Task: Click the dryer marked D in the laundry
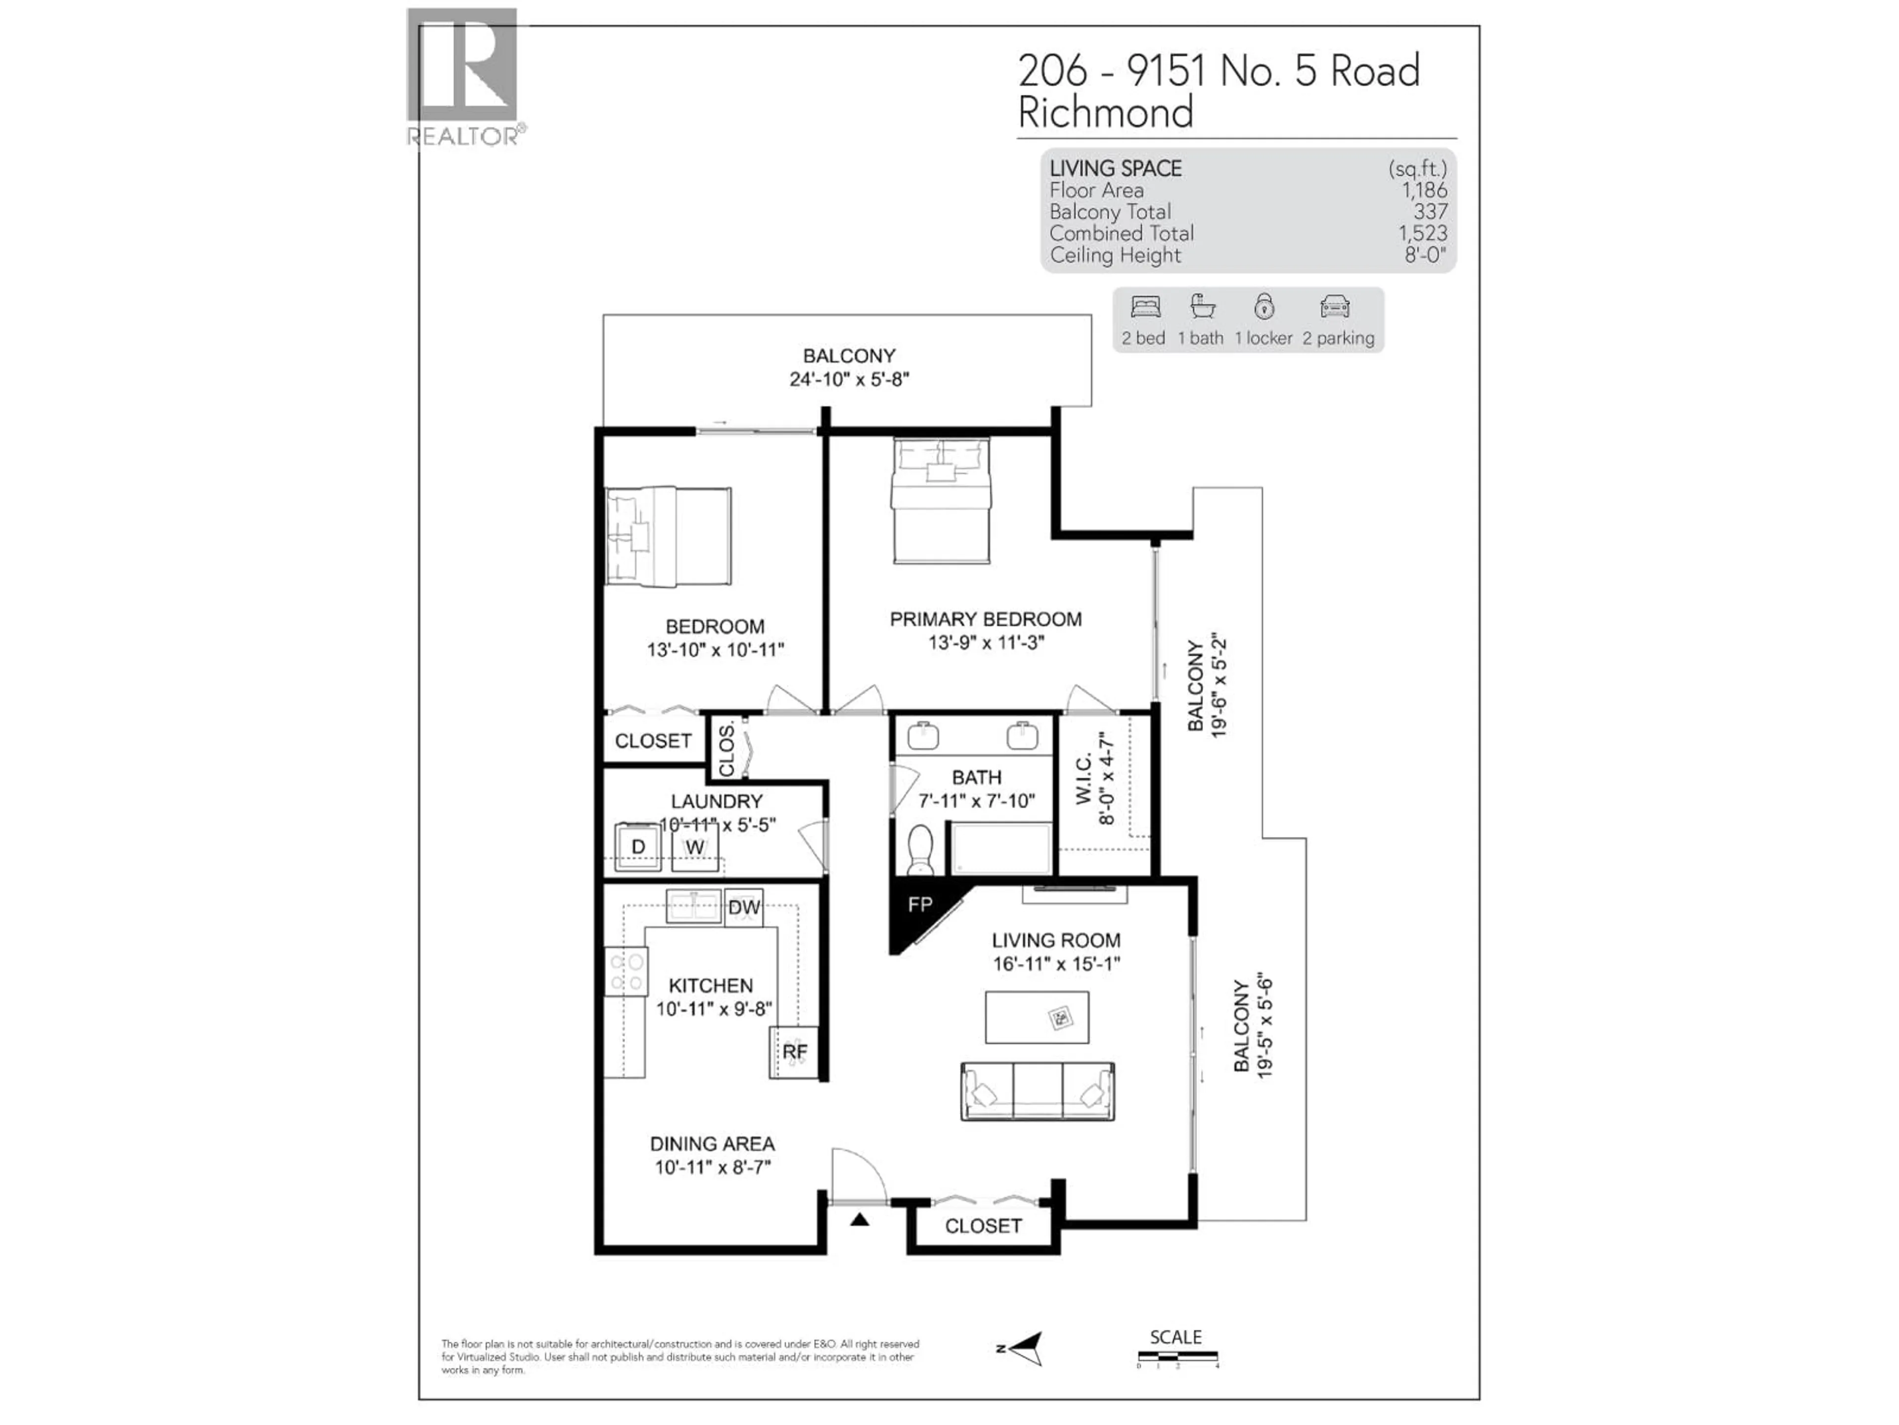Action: coord(638,848)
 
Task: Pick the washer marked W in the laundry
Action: coord(694,848)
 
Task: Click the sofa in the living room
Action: coord(1037,1091)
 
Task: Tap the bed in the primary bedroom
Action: coord(941,500)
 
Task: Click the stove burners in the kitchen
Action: coord(627,971)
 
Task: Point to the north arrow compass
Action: coord(1026,1348)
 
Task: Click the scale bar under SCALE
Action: coord(1177,1357)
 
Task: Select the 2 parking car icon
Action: coord(1335,307)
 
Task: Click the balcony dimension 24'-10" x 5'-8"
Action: coord(849,380)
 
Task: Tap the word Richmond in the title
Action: coord(1106,112)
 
